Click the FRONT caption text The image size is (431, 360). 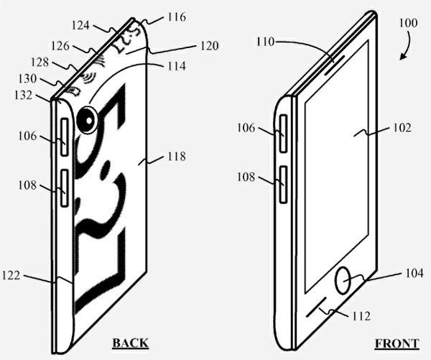click(x=396, y=343)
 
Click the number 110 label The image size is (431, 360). click(x=264, y=42)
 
